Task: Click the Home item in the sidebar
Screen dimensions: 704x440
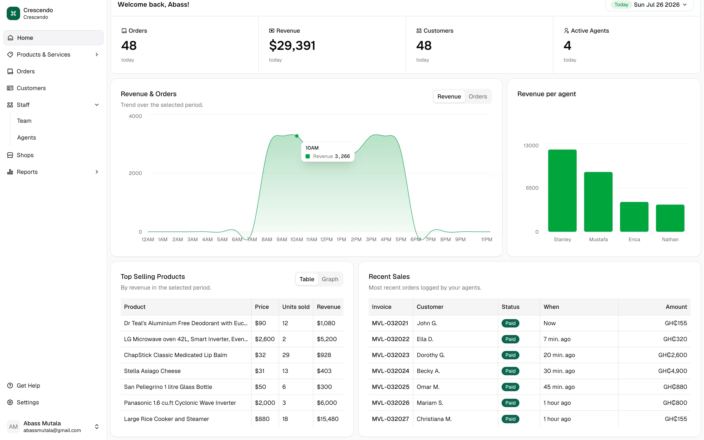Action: (53, 38)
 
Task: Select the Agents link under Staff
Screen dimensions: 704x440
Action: (26, 138)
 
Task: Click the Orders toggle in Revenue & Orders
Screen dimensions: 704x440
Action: (477, 97)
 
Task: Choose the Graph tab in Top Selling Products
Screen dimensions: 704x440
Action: (330, 279)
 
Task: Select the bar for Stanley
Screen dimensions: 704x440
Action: (562, 191)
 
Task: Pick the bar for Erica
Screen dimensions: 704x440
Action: (634, 217)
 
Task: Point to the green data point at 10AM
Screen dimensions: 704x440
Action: (297, 136)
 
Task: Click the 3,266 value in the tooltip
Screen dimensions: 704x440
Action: (342, 156)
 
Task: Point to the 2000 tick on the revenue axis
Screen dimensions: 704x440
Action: (135, 173)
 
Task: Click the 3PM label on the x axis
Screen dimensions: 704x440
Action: (371, 239)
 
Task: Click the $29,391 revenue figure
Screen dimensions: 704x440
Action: (292, 45)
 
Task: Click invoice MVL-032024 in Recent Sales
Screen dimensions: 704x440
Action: (390, 371)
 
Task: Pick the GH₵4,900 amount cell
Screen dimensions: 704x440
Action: (672, 371)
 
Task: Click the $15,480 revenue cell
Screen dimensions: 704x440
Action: (327, 419)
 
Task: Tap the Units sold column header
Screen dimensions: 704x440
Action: (296, 307)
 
